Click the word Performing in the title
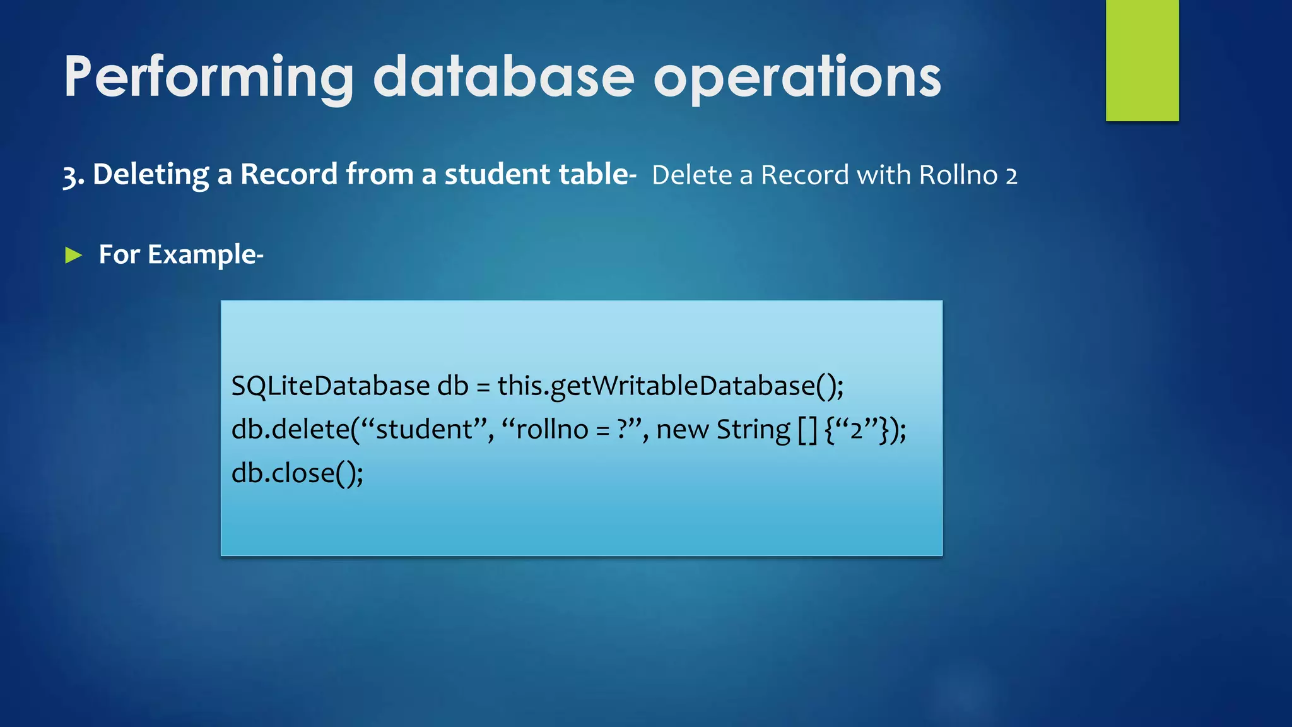pyautogui.click(x=208, y=78)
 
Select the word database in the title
pyautogui.click(x=503, y=78)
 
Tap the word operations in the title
pyautogui.click(x=797, y=78)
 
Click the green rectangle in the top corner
pyautogui.click(x=1142, y=60)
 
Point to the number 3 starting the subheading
pyautogui.click(x=69, y=175)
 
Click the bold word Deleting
pyautogui.click(x=151, y=175)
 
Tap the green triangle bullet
pyautogui.click(x=74, y=256)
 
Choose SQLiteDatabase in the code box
pyautogui.click(x=330, y=386)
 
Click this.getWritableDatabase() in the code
pyautogui.click(x=669, y=386)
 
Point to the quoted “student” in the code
pyautogui.click(x=423, y=429)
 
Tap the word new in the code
pyautogui.click(x=682, y=430)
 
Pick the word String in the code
pyautogui.click(x=753, y=430)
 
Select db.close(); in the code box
pyautogui.click(x=297, y=473)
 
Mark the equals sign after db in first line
pyautogui.click(x=483, y=386)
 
